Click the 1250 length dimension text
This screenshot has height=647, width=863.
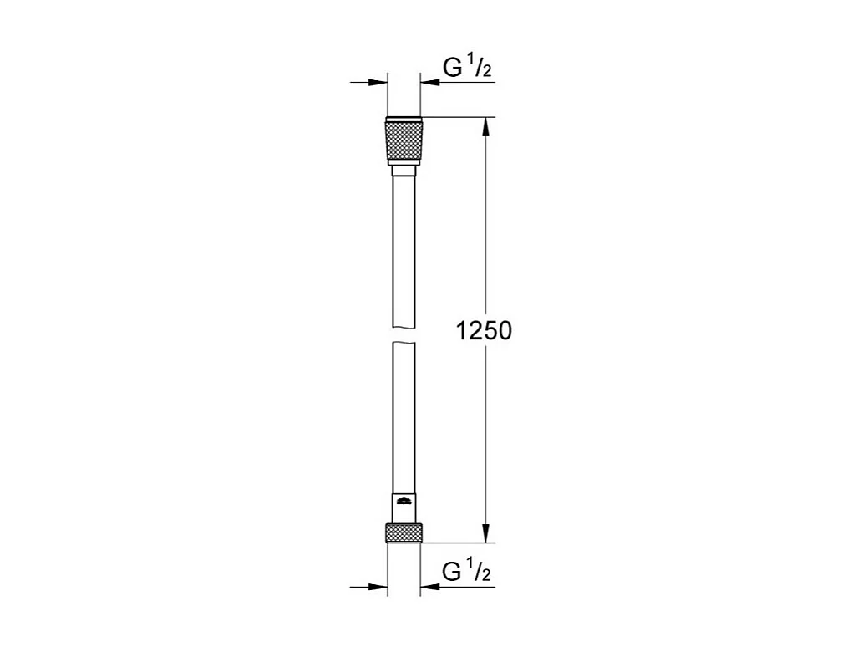click(x=484, y=331)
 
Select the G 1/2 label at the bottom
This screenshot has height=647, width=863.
click(x=466, y=573)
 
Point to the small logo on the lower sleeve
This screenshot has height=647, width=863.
click(x=404, y=502)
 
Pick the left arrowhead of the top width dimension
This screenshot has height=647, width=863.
click(x=381, y=83)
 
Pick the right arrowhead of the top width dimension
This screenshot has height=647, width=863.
click(x=429, y=83)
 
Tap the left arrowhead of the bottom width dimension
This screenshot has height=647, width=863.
click(x=381, y=588)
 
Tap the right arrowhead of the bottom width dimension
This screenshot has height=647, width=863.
click(x=429, y=588)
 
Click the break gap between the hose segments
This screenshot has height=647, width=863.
click(x=404, y=334)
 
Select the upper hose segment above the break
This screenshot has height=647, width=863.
click(x=404, y=251)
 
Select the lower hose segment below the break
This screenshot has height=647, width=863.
click(x=404, y=418)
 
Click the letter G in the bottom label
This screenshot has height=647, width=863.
click(x=451, y=573)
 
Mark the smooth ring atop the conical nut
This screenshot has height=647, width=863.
click(x=404, y=119)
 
